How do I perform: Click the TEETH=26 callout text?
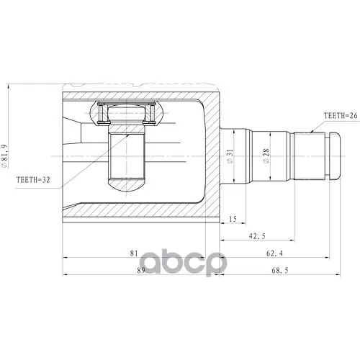click(x=341, y=116)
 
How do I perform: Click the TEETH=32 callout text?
click(x=33, y=180)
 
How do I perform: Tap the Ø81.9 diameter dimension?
click(x=4, y=156)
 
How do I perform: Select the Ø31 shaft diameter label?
click(x=230, y=156)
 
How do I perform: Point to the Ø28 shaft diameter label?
click(x=266, y=156)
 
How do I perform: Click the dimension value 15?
click(x=233, y=219)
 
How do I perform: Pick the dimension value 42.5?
click(x=257, y=236)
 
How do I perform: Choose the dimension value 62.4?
click(x=274, y=253)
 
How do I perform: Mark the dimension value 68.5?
click(x=280, y=271)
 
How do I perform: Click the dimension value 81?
click(x=134, y=253)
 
